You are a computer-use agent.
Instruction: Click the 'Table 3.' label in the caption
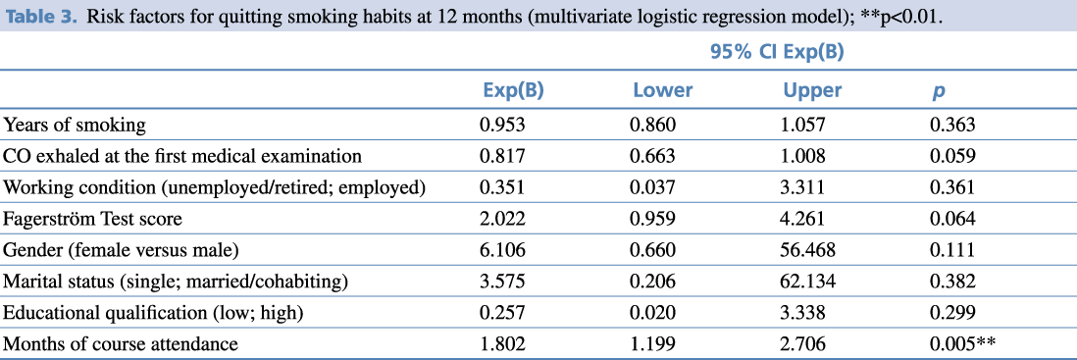click(40, 16)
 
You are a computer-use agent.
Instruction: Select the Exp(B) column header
click(514, 90)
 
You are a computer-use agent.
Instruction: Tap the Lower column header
click(663, 90)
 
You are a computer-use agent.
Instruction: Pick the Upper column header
click(812, 91)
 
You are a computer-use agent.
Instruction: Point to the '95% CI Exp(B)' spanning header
click(777, 53)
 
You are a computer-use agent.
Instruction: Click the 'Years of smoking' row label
click(75, 125)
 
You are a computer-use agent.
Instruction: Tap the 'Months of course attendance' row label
click(121, 343)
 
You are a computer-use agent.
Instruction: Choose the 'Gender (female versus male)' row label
click(122, 251)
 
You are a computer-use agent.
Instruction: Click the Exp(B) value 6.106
click(503, 251)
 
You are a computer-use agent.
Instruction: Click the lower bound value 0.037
click(652, 187)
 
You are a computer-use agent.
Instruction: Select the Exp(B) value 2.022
click(503, 219)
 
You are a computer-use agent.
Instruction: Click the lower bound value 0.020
click(652, 313)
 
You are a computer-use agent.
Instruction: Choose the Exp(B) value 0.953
click(503, 125)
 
